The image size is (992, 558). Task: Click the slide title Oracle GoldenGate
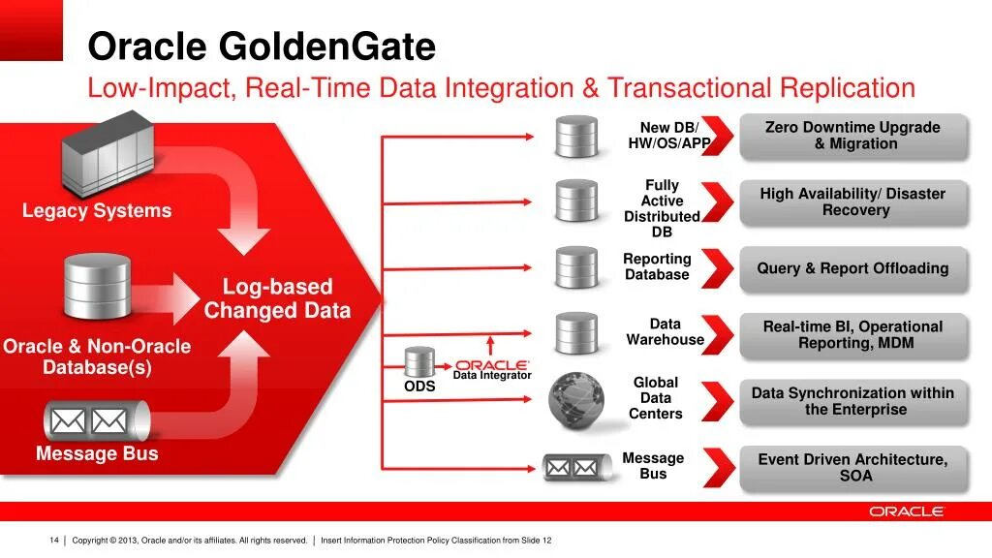point(262,46)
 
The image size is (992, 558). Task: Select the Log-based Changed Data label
point(277,298)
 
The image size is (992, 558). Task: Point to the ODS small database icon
point(419,362)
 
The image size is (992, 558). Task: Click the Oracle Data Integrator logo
point(492,368)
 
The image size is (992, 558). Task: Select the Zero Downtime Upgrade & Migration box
point(852,136)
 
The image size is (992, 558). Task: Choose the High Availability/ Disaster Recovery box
point(852,201)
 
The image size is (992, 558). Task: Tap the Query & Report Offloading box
point(852,268)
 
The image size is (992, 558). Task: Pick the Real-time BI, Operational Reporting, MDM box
point(852,334)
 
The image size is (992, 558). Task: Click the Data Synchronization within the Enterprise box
point(852,401)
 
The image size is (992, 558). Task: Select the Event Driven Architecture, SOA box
point(852,467)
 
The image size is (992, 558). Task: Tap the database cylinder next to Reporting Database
point(576,267)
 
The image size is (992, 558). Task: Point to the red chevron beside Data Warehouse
point(717,333)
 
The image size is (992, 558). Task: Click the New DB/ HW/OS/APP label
point(668,136)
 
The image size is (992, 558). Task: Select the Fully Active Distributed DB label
point(662,208)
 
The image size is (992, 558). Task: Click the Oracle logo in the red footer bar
point(906,511)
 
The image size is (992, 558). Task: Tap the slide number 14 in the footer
point(54,540)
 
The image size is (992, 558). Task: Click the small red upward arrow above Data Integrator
point(490,345)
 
